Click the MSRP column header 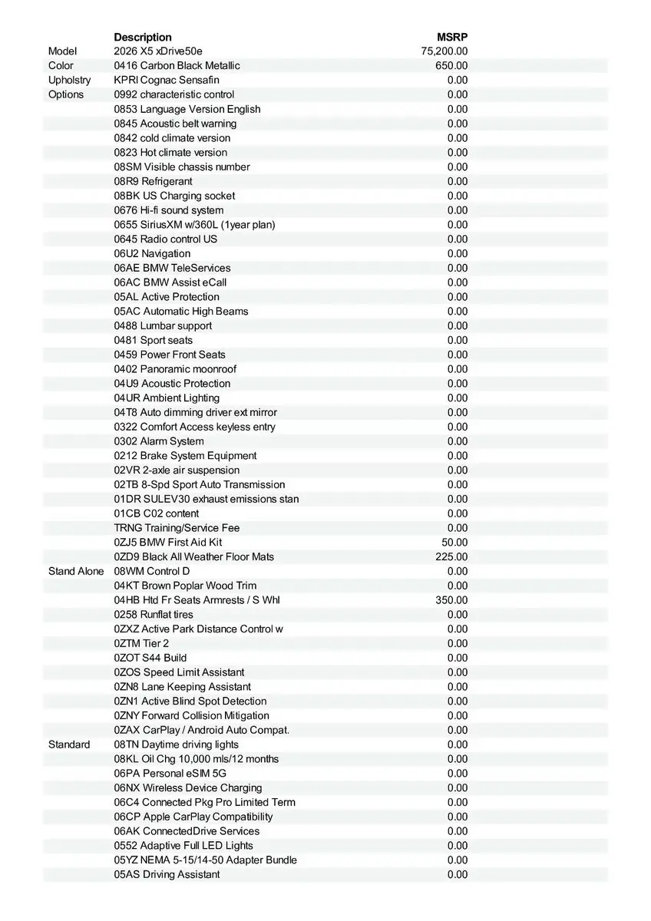coord(452,37)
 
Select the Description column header coord(143,37)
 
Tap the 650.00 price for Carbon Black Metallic coord(451,66)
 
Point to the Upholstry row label coord(69,80)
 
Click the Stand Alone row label coord(76,571)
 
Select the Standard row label coord(69,744)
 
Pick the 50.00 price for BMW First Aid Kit coord(454,543)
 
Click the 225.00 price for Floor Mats coord(451,557)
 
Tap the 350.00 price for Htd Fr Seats coord(451,600)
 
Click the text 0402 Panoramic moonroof coord(175,369)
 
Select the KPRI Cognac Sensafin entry coord(167,80)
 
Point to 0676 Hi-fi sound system coord(169,210)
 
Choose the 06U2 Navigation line coord(152,253)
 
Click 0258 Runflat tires coord(154,615)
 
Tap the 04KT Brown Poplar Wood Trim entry coord(185,586)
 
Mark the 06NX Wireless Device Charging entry coord(188,788)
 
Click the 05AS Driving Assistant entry coord(167,875)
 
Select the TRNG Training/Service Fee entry coord(177,528)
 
